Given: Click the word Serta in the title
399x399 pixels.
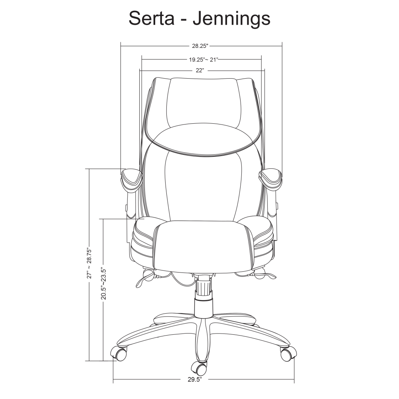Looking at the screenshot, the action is coord(152,18).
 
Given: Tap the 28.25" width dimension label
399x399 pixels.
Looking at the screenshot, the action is coord(200,46).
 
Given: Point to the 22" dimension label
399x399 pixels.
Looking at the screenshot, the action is coord(200,70).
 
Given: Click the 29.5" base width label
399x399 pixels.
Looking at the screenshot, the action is coord(195,380).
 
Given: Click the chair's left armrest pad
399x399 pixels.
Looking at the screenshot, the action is coord(132,179).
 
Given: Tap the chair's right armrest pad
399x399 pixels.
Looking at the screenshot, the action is coord(270,179).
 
